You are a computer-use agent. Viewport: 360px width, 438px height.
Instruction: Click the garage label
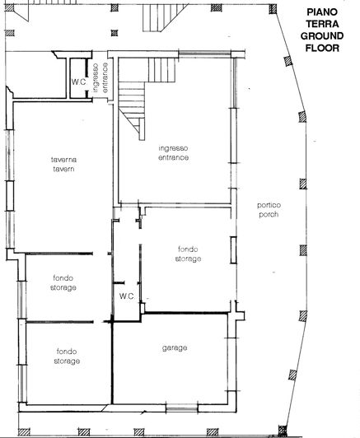[175, 347]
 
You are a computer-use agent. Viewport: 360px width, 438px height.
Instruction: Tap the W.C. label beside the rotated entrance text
[79, 82]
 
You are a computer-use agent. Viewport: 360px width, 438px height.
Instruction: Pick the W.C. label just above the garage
[127, 296]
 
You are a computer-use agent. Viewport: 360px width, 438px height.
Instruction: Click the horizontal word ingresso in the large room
[174, 148]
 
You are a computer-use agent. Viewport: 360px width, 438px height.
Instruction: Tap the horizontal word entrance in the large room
[174, 157]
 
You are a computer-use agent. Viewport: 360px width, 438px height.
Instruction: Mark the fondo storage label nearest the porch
[188, 253]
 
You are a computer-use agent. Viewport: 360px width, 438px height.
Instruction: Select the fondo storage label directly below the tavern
[63, 283]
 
